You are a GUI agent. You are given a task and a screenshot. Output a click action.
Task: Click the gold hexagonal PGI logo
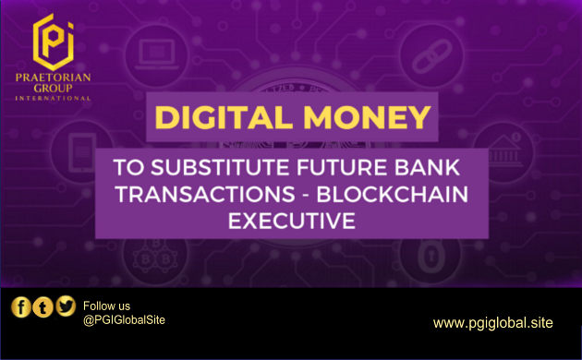coord(53,42)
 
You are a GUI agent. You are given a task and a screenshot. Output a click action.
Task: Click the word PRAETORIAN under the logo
coord(53,78)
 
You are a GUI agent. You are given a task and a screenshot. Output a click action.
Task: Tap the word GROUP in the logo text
coord(53,89)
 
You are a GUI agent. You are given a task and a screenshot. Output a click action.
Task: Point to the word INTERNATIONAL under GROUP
coord(53,98)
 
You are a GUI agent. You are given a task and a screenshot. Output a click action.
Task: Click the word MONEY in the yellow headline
coord(367,117)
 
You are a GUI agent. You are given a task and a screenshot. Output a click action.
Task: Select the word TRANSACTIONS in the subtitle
coord(205,194)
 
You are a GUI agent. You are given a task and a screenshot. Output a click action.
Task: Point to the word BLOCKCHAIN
coord(393,194)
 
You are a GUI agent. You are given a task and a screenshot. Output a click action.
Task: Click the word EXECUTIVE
coord(292,221)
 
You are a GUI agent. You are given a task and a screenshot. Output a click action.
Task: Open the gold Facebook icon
coord(20,307)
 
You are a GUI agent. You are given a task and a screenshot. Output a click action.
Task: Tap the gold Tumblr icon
coord(42,307)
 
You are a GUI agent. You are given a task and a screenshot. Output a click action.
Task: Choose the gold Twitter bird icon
coord(66,306)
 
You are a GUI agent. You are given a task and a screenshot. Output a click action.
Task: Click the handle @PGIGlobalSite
coord(124,320)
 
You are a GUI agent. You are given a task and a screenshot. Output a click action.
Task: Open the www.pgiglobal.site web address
coord(493,322)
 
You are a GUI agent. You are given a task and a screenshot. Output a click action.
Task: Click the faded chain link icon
coord(431,56)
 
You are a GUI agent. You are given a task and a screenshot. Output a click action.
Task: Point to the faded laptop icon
coord(156,54)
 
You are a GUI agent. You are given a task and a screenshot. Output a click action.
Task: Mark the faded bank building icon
coord(503,150)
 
